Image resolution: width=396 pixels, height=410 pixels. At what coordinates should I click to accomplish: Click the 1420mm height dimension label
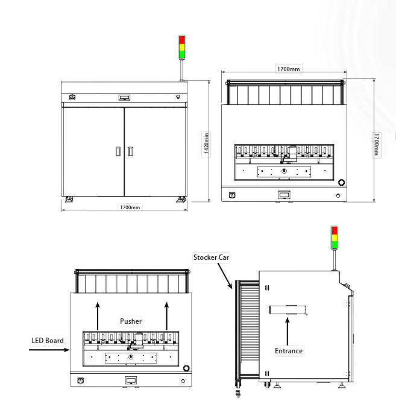[206, 144]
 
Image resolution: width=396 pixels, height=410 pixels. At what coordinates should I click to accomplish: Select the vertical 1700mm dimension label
[377, 144]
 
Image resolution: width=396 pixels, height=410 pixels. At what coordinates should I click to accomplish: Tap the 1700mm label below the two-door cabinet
[130, 207]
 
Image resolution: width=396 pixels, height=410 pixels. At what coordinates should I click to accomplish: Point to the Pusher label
[131, 321]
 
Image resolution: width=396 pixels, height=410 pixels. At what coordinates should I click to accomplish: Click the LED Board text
[48, 341]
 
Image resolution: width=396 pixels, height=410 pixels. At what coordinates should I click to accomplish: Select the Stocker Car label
[211, 257]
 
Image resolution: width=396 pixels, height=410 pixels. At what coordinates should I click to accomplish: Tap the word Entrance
[288, 350]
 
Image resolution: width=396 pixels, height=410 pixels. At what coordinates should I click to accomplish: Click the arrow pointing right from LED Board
[52, 349]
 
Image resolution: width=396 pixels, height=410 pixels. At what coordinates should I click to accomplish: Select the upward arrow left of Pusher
[98, 316]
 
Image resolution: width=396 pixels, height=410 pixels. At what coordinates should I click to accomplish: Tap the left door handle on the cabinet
[118, 151]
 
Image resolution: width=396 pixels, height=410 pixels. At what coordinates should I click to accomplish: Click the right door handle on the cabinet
[131, 151]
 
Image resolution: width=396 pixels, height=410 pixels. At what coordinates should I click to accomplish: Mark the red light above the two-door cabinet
[181, 40]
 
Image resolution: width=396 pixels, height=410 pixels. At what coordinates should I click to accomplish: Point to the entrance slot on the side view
[288, 310]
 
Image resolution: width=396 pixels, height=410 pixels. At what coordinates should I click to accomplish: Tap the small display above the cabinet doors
[124, 97]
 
